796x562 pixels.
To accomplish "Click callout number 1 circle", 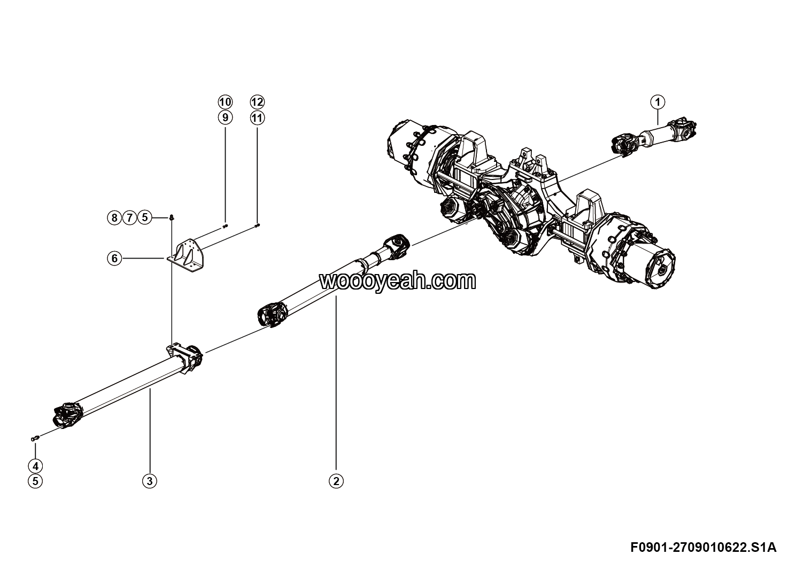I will pos(658,102).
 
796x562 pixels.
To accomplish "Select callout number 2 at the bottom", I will pos(336,481).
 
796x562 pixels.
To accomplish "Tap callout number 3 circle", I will pos(150,481).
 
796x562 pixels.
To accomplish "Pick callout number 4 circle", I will pos(35,465).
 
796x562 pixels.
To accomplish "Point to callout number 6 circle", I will pos(114,259).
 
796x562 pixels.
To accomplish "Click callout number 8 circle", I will pos(114,217).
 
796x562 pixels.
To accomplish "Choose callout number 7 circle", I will pos(129,217).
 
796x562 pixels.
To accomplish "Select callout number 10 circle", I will pos(225,102).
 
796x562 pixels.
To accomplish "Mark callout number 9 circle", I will pos(225,117).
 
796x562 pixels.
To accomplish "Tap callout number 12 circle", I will pos(257,102).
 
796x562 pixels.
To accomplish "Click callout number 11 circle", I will pos(257,117).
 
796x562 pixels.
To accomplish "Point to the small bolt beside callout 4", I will pos(35,438).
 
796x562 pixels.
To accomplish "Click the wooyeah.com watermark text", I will pos(397,280).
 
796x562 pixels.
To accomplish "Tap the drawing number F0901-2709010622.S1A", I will pos(703,548).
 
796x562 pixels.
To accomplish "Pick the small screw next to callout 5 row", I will pos(171,217).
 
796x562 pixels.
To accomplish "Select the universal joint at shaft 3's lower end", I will pos(67,415).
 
